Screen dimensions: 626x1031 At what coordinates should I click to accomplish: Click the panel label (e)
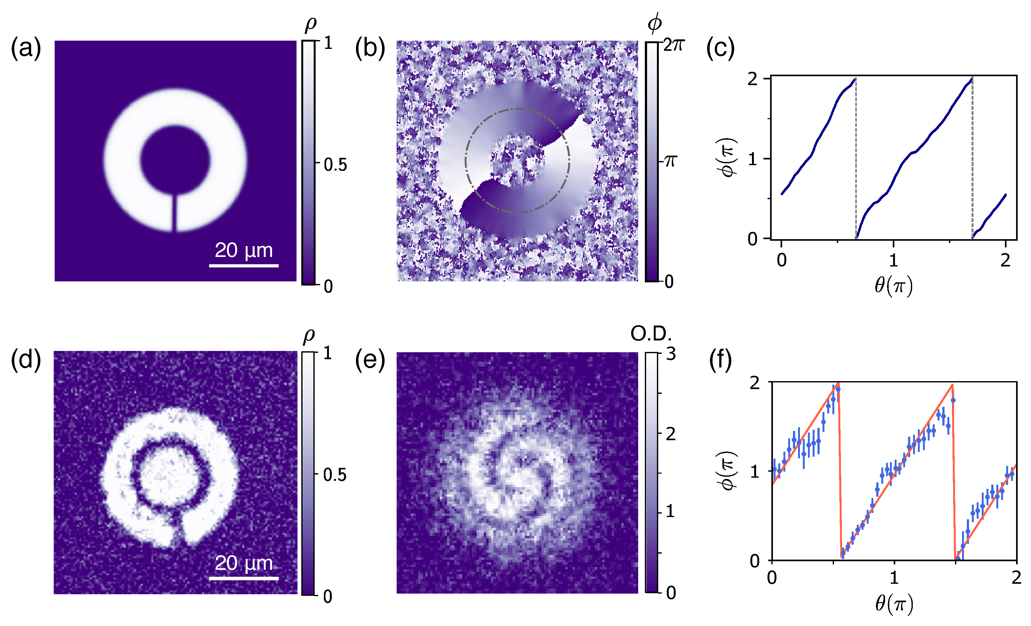tap(370, 359)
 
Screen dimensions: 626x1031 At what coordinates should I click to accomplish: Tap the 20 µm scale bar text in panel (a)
tap(243, 251)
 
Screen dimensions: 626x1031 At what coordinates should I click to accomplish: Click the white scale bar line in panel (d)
tap(243, 578)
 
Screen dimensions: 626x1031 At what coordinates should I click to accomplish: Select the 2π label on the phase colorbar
tap(673, 45)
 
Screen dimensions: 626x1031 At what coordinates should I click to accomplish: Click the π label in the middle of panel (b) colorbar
tap(671, 161)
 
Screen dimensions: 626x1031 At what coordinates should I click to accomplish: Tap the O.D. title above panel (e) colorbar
tap(651, 334)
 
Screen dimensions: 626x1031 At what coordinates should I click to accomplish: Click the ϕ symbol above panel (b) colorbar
tap(655, 23)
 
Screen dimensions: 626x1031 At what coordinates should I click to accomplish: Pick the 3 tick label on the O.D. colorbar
tap(671, 354)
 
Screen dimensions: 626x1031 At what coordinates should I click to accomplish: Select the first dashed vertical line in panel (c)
tap(856, 159)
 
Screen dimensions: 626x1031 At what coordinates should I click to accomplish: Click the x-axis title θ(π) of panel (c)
tap(893, 286)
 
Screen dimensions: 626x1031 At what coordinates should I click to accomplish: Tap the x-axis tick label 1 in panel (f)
tap(894, 578)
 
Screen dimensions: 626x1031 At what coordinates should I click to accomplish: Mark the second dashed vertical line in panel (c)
tap(972, 159)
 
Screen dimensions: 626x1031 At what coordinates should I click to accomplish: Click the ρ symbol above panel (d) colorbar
tap(309, 335)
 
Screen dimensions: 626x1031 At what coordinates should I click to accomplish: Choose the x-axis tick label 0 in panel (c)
tap(782, 260)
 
